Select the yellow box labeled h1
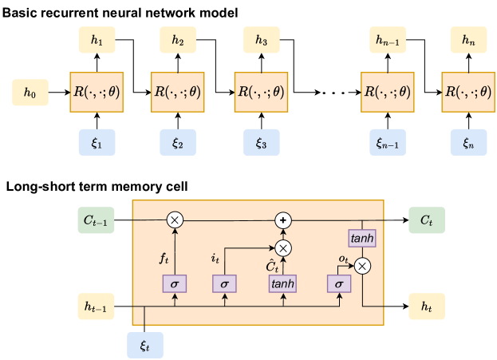97,39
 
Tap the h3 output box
261,39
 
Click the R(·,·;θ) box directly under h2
178,91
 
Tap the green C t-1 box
97,220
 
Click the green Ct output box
428,220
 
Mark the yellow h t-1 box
97,304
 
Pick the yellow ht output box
428,304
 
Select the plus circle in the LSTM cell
282,220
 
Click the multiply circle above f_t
174,220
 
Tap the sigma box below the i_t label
225,283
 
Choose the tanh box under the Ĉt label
282,283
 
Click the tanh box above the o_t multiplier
361,238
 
